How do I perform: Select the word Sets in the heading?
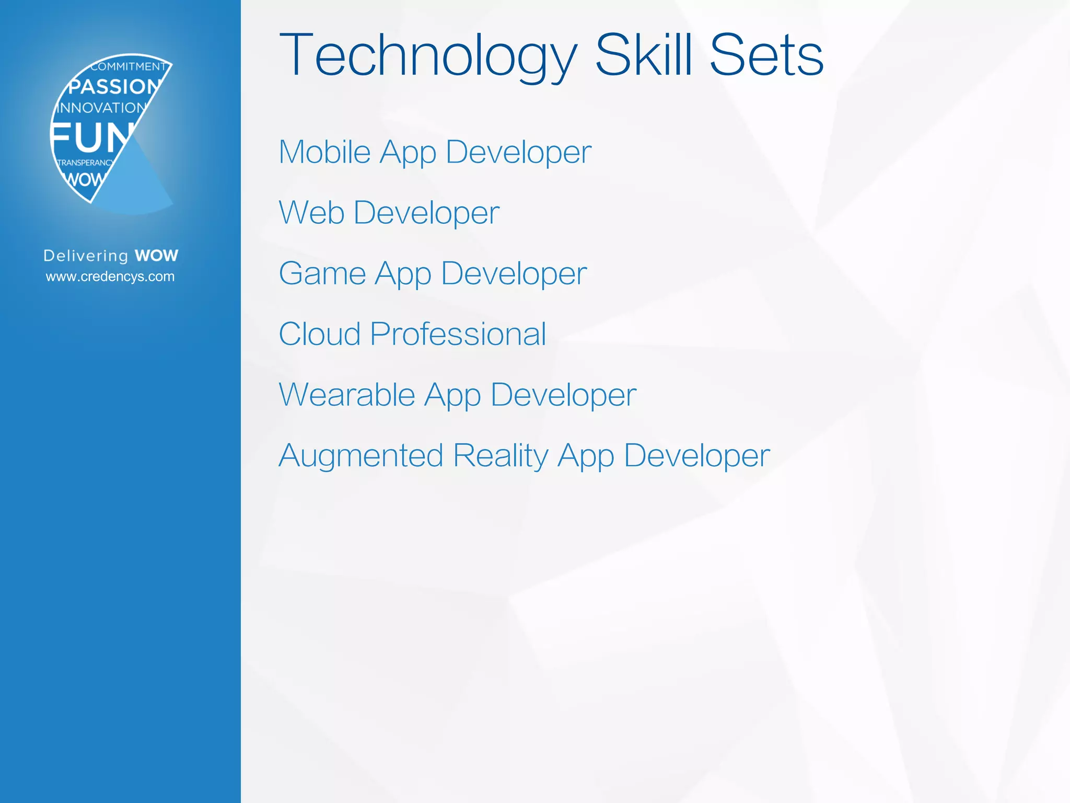click(766, 55)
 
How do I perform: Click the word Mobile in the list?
click(324, 152)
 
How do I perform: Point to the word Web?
click(311, 213)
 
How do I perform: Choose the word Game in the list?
click(322, 273)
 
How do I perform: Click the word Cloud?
click(319, 334)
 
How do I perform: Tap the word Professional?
click(458, 334)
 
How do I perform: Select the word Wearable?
click(347, 395)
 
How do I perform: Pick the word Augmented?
click(360, 456)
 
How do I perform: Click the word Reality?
click(500, 456)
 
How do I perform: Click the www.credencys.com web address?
click(110, 277)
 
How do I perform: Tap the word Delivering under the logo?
click(86, 256)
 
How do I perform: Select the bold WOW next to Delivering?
click(156, 256)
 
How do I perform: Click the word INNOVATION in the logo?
click(101, 108)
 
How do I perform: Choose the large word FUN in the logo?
click(91, 138)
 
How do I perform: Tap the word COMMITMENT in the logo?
click(128, 66)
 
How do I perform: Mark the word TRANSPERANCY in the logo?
click(85, 163)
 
